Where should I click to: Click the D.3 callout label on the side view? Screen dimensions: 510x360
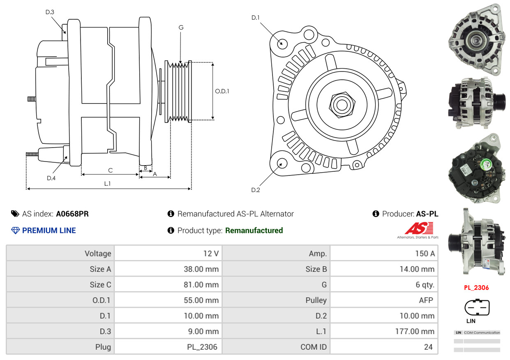coord(50,12)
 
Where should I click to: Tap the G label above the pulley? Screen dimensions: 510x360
coord(181,28)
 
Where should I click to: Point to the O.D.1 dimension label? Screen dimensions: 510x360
coord(222,91)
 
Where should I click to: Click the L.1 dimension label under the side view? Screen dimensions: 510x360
coord(107,184)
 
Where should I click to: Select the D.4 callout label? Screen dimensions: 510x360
coord(51,178)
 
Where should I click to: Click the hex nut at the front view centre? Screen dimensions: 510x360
coord(342,105)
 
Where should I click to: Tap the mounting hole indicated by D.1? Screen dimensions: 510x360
coord(282,43)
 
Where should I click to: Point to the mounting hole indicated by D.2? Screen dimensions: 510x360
coord(282,164)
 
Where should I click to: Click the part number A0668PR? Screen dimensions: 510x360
coord(72,214)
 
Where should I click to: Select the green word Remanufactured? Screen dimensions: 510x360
coord(254,231)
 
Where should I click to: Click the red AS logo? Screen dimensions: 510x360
coord(419,228)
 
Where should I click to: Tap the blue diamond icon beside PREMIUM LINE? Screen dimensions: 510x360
coord(16,231)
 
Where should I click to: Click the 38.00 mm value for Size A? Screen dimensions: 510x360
coord(201,269)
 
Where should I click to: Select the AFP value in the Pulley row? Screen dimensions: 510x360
coord(426,300)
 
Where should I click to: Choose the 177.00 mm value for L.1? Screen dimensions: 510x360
coord(415,332)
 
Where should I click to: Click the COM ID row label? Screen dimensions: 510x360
coord(314,347)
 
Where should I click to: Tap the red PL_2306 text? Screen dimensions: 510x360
coord(477,288)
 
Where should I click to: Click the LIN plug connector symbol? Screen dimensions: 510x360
coord(477,307)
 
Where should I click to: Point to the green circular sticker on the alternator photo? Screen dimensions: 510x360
coord(486,164)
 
